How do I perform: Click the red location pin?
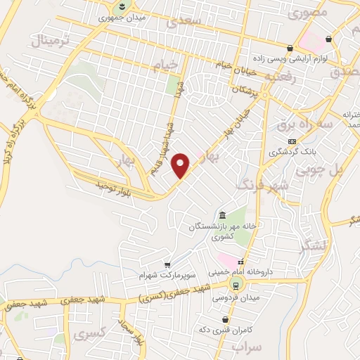tap(181, 165)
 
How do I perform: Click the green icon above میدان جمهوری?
tap(122, 6)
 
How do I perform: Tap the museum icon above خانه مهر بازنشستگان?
tap(222, 214)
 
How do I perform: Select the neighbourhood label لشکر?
tap(312, 247)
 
